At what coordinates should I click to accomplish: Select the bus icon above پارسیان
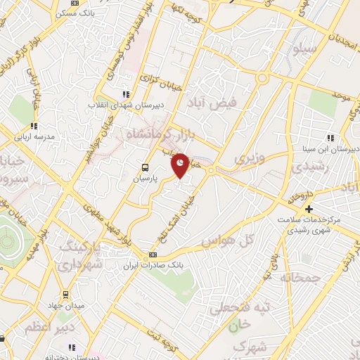click(x=145, y=167)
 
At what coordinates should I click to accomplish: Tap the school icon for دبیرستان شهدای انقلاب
click(x=126, y=94)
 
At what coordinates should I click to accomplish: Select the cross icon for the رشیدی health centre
click(x=309, y=209)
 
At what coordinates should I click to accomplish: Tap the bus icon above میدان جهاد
click(x=65, y=294)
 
